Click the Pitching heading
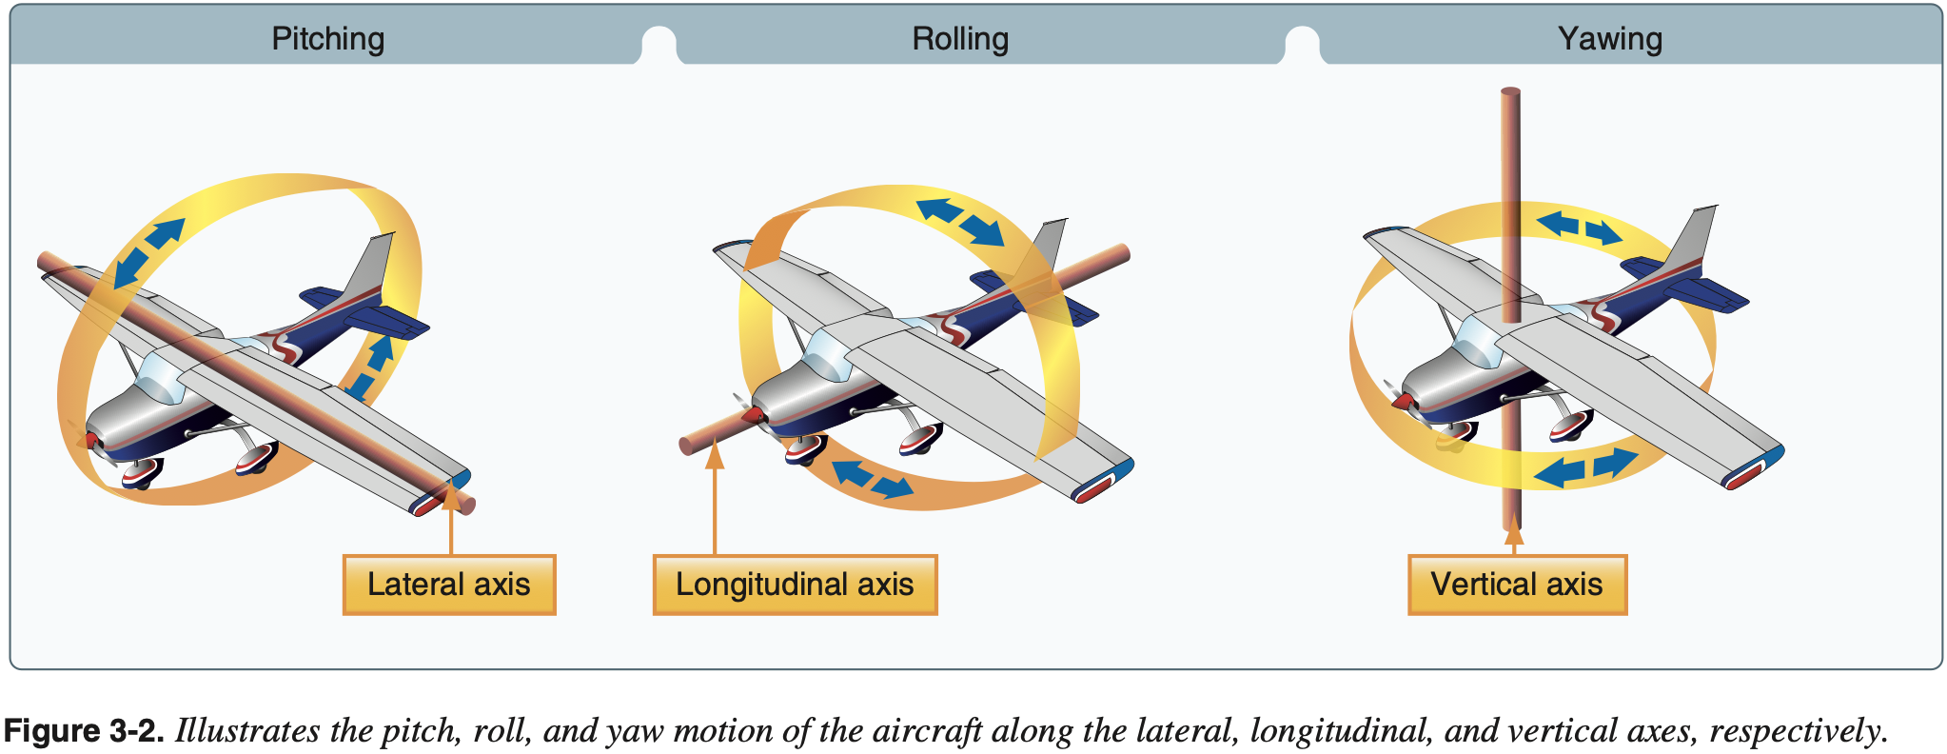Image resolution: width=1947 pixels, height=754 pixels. tap(327, 39)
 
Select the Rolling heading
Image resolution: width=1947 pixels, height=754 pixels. tap(959, 39)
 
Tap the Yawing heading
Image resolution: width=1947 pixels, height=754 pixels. tap(1609, 39)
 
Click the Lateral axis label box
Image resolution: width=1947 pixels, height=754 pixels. tap(448, 585)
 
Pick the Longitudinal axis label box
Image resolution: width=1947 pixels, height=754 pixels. tap(795, 585)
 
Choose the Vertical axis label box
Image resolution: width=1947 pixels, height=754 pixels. tap(1517, 585)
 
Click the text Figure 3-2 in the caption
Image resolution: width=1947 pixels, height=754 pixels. tap(84, 731)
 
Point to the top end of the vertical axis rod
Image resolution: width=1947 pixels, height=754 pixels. tap(1510, 93)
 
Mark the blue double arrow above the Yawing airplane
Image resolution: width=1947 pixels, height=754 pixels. tap(1580, 228)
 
